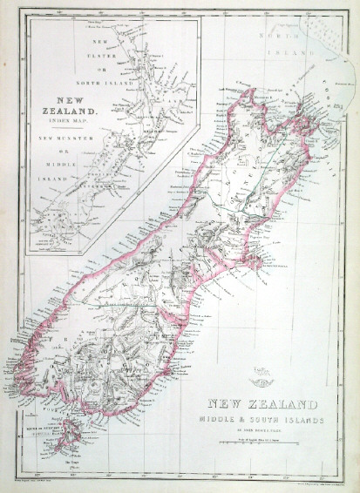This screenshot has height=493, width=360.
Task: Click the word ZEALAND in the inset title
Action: [x=76, y=111]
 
